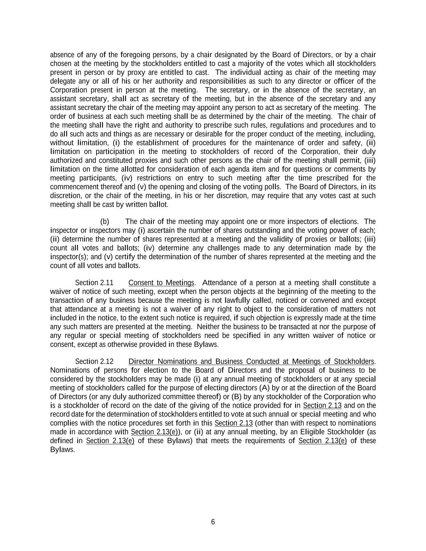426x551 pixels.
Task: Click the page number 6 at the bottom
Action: pyautogui.click(x=213, y=522)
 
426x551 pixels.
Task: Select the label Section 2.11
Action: pyautogui.click(x=94, y=283)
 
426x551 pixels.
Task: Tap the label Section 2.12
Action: pyautogui.click(x=94, y=361)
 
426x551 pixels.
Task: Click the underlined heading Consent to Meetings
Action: pyautogui.click(x=161, y=283)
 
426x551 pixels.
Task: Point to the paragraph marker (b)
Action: pyautogui.click(x=105, y=222)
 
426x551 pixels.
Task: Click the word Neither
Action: pyautogui.click(x=209, y=327)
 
